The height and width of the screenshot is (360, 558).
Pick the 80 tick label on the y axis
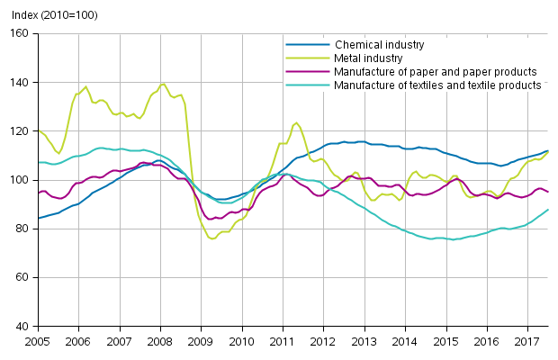click(23, 229)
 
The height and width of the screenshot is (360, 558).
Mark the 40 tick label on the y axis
click(23, 327)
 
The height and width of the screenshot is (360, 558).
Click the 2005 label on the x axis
click(37, 342)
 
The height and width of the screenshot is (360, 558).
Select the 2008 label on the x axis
click(160, 342)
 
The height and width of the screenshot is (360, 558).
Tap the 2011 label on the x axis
click(283, 342)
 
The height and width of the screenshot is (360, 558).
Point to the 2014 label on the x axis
click(405, 342)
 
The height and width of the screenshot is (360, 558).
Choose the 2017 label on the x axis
click(527, 342)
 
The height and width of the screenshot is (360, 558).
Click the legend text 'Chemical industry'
click(379, 44)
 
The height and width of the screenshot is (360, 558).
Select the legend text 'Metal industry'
click(370, 58)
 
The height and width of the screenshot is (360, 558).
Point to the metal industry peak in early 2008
click(163, 85)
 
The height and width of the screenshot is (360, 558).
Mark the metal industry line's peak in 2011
click(296, 122)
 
